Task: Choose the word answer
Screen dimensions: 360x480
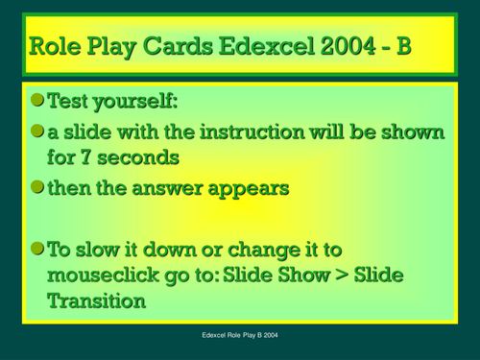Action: click(x=175, y=188)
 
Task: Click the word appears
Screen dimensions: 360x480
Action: click(x=251, y=188)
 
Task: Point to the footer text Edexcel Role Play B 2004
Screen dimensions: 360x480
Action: click(x=239, y=338)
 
